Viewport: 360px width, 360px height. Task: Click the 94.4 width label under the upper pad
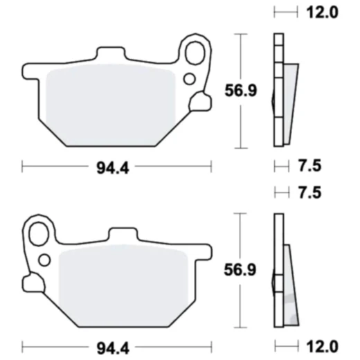(x=114, y=166)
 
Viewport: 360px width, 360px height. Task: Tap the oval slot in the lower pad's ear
(x=37, y=231)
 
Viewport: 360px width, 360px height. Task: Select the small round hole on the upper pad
(x=190, y=78)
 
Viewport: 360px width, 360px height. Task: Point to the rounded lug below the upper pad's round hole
(x=200, y=102)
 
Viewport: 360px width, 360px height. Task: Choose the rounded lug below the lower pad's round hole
(x=33, y=283)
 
